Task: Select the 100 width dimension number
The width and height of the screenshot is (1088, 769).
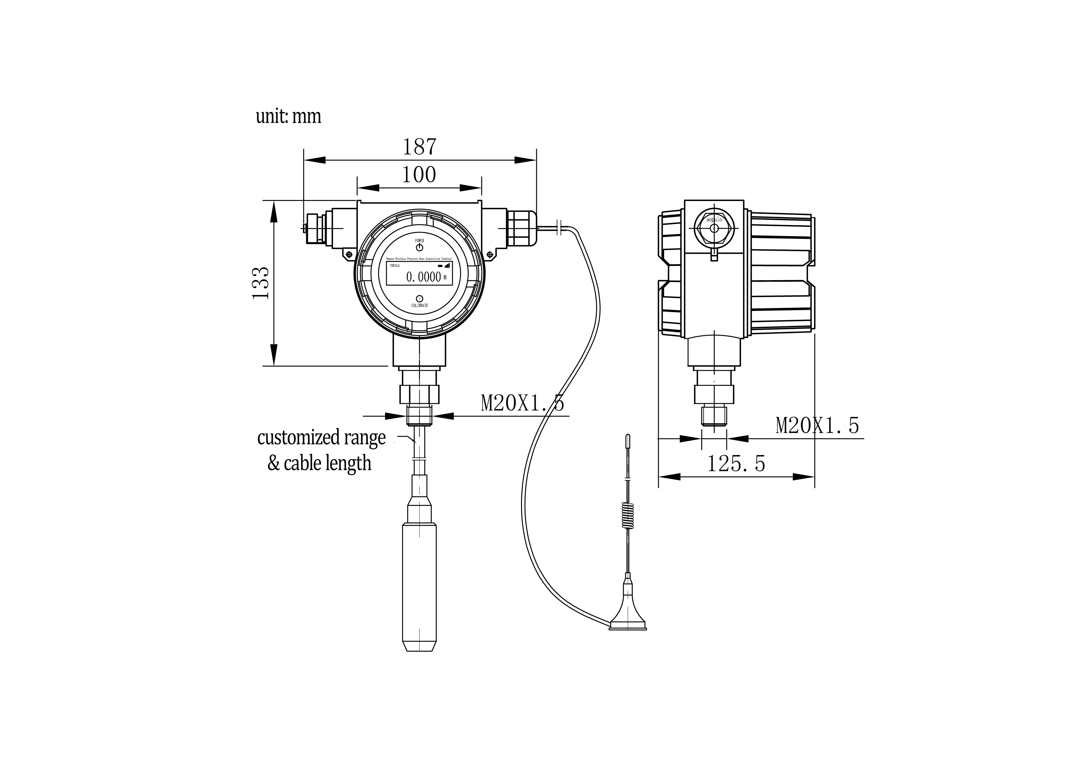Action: pyautogui.click(x=419, y=175)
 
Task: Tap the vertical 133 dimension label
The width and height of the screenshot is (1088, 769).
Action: pyautogui.click(x=261, y=283)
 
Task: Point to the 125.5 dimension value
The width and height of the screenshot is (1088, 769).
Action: pyautogui.click(x=736, y=463)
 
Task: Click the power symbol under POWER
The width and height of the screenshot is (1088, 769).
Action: pyautogui.click(x=419, y=247)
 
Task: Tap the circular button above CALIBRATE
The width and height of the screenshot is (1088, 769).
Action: pyautogui.click(x=419, y=298)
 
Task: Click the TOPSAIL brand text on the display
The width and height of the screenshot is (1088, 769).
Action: pyautogui.click(x=394, y=266)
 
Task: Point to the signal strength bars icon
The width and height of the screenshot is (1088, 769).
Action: pyautogui.click(x=447, y=266)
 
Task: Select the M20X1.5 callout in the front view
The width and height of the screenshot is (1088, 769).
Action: pyautogui.click(x=522, y=403)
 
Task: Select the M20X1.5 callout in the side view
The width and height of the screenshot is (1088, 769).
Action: pyautogui.click(x=817, y=426)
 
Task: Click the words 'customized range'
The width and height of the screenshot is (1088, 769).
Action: pyautogui.click(x=321, y=437)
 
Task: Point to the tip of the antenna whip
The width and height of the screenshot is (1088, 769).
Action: pyautogui.click(x=628, y=436)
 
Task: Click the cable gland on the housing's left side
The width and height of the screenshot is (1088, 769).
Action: pyautogui.click(x=315, y=228)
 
